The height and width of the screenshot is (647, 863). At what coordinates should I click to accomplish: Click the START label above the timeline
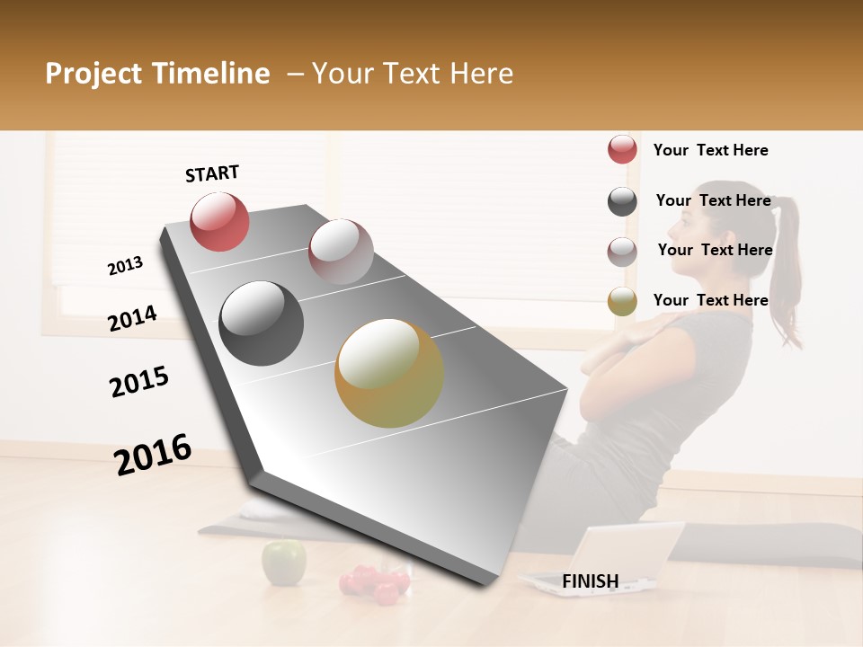pyautogui.click(x=212, y=173)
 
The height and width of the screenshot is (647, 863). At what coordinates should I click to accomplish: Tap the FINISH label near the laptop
pyautogui.click(x=590, y=581)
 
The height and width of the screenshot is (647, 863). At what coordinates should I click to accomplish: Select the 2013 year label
pyautogui.click(x=125, y=266)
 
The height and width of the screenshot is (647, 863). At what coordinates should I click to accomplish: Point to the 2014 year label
pyautogui.click(x=132, y=318)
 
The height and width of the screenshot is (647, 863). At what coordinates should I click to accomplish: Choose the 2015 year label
pyautogui.click(x=139, y=382)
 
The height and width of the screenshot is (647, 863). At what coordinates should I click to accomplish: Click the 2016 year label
pyautogui.click(x=153, y=454)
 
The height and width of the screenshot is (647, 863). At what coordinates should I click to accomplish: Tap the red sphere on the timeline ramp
pyautogui.click(x=219, y=222)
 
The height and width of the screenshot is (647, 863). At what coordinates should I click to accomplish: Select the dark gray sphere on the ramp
pyautogui.click(x=261, y=323)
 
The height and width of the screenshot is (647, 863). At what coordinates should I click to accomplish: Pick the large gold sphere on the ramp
pyautogui.click(x=389, y=373)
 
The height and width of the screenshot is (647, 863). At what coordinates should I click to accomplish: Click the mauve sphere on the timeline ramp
pyautogui.click(x=341, y=252)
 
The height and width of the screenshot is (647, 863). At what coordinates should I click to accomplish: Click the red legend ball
pyautogui.click(x=622, y=150)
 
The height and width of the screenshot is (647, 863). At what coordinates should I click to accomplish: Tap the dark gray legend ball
pyautogui.click(x=622, y=201)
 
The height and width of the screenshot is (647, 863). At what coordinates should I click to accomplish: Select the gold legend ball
pyautogui.click(x=622, y=302)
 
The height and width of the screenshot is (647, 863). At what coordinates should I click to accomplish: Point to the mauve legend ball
pyautogui.click(x=622, y=252)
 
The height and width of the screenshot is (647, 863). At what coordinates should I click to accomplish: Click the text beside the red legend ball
pyautogui.click(x=710, y=150)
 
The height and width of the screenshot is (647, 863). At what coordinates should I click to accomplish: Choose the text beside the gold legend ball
pyautogui.click(x=710, y=300)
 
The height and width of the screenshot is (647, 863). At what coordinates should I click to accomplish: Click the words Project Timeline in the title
pyautogui.click(x=157, y=74)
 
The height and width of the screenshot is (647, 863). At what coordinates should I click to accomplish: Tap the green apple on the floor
pyautogui.click(x=283, y=562)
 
